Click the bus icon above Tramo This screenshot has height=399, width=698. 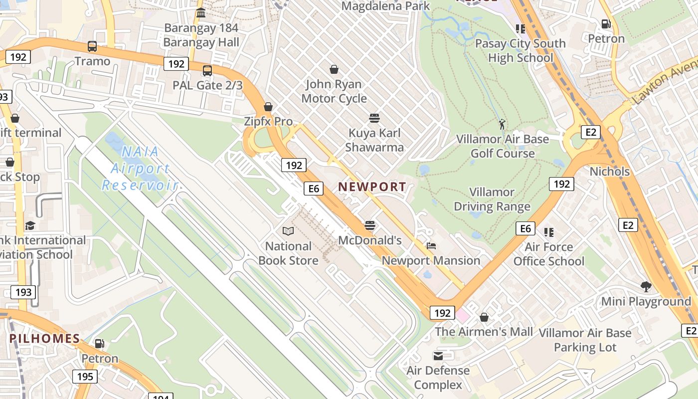92,46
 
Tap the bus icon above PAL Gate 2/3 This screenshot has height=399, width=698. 207,71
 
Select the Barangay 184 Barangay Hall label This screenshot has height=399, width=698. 201,35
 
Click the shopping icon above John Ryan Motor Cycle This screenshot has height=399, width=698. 334,69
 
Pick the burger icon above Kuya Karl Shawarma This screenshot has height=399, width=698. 374,118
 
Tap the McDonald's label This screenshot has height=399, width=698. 370,240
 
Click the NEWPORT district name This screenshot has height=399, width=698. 372,187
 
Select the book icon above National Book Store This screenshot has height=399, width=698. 288,231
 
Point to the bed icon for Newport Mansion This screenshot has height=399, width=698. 431,246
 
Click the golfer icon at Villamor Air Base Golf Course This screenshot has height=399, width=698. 502,124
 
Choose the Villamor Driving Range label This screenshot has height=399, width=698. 492,199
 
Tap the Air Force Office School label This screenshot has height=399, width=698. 549,254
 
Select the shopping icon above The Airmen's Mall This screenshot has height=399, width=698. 484,317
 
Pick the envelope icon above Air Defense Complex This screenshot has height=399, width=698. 438,356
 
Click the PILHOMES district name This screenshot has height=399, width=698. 45,339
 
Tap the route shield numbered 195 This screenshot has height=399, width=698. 85,376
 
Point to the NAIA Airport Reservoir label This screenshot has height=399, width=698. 140,168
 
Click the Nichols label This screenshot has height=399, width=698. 609,172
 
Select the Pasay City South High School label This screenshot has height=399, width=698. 521,51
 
